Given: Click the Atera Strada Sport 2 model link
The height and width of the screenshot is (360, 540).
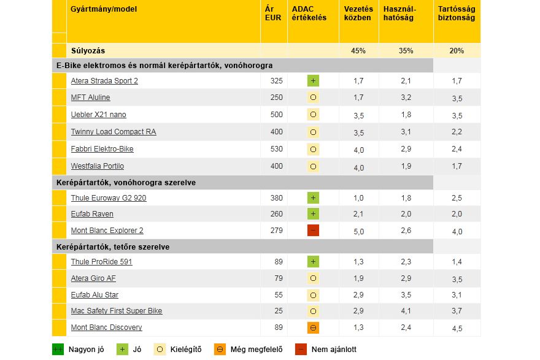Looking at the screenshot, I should point(104,80).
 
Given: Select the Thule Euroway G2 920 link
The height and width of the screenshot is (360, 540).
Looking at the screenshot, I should point(109,198).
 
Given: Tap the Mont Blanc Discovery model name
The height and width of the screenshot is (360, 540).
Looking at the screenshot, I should point(106,327).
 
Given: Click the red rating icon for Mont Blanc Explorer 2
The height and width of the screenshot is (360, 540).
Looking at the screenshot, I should point(313,231).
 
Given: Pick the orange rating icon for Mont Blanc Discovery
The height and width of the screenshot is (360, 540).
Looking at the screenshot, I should point(313,327).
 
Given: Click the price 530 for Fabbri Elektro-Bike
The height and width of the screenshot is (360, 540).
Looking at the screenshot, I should point(276,149).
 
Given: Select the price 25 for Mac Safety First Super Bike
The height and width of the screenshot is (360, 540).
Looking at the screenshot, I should point(279,311).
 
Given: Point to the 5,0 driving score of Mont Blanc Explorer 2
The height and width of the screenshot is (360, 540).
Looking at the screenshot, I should point(358,231).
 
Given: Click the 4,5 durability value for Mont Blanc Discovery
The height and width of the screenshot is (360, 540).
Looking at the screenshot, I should point(457,328).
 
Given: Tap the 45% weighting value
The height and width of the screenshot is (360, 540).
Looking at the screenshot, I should point(358,51).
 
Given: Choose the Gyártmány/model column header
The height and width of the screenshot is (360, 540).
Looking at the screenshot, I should point(104,9).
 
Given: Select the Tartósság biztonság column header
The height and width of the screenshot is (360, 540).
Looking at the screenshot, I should point(456,13).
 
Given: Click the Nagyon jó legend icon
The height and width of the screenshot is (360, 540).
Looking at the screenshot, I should point(58,350).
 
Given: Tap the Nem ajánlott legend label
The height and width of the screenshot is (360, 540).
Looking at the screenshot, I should point(334,350).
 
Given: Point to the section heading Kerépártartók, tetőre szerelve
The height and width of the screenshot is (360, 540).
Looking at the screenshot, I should point(112,247).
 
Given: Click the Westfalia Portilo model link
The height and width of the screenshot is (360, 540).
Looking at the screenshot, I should point(97,166).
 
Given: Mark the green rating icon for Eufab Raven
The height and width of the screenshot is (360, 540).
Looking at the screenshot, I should point(313,214).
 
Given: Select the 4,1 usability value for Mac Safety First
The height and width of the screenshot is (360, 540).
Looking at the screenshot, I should point(406,311).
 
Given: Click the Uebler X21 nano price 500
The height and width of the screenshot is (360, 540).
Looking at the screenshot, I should point(276,115).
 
